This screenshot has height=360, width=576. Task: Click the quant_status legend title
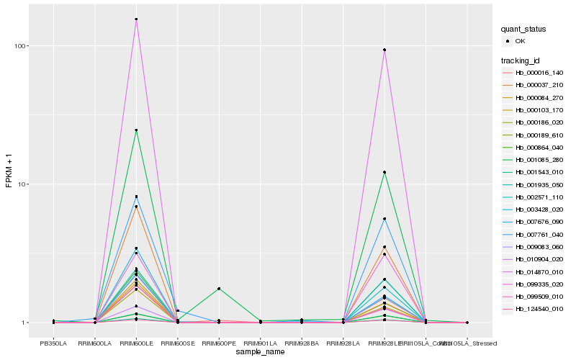[523, 29]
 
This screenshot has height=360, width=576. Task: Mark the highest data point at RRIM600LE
[136, 19]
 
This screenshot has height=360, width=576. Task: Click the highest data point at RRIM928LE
[384, 50]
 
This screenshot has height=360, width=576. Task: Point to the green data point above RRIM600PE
[219, 289]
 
